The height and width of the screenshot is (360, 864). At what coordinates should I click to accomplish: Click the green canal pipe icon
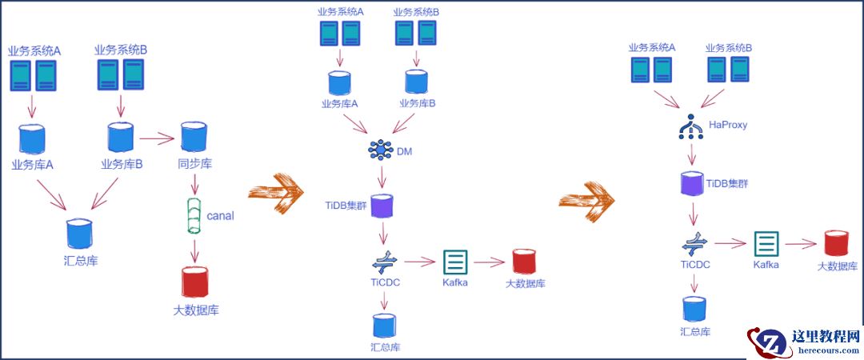click(x=194, y=216)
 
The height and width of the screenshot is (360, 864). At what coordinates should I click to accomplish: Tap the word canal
click(x=221, y=216)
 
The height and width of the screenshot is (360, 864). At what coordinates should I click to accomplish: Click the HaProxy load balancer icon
click(x=690, y=126)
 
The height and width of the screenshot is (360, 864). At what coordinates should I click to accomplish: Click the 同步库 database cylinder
click(x=193, y=138)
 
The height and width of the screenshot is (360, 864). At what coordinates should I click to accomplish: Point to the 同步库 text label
click(x=194, y=166)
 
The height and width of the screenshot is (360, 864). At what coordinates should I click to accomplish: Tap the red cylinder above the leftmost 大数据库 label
click(x=194, y=282)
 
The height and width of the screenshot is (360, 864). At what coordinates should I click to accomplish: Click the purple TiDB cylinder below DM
click(x=384, y=206)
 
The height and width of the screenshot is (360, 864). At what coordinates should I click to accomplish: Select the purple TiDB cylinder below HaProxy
click(x=690, y=183)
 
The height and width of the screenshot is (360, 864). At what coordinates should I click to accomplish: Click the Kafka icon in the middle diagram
click(x=454, y=261)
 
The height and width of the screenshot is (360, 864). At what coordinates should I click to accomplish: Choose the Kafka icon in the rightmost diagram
click(x=766, y=242)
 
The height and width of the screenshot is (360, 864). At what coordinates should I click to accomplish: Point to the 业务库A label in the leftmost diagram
click(x=33, y=166)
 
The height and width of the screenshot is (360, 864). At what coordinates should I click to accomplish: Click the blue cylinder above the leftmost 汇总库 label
click(x=79, y=234)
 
